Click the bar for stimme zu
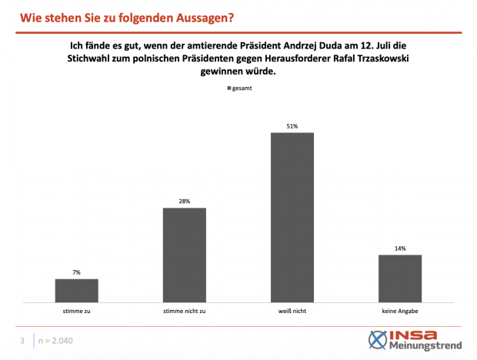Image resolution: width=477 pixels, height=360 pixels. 77,290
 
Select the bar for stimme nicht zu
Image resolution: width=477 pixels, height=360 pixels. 185,255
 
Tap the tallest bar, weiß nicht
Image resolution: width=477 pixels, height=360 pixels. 292,217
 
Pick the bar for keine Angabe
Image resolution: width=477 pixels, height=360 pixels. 400,278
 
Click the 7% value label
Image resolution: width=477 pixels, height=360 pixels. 77,272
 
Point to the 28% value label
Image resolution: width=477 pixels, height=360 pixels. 185,202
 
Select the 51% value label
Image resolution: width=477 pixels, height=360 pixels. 292,126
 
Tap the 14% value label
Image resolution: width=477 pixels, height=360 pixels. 400,248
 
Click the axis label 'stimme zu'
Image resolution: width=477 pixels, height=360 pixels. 77,312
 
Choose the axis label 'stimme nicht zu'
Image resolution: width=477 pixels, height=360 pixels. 185,312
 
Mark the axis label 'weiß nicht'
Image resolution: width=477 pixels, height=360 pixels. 292,312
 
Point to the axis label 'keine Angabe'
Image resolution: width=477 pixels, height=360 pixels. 400,312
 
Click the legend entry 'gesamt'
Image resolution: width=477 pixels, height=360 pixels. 240,88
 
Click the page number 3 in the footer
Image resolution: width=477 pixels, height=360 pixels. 23,340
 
